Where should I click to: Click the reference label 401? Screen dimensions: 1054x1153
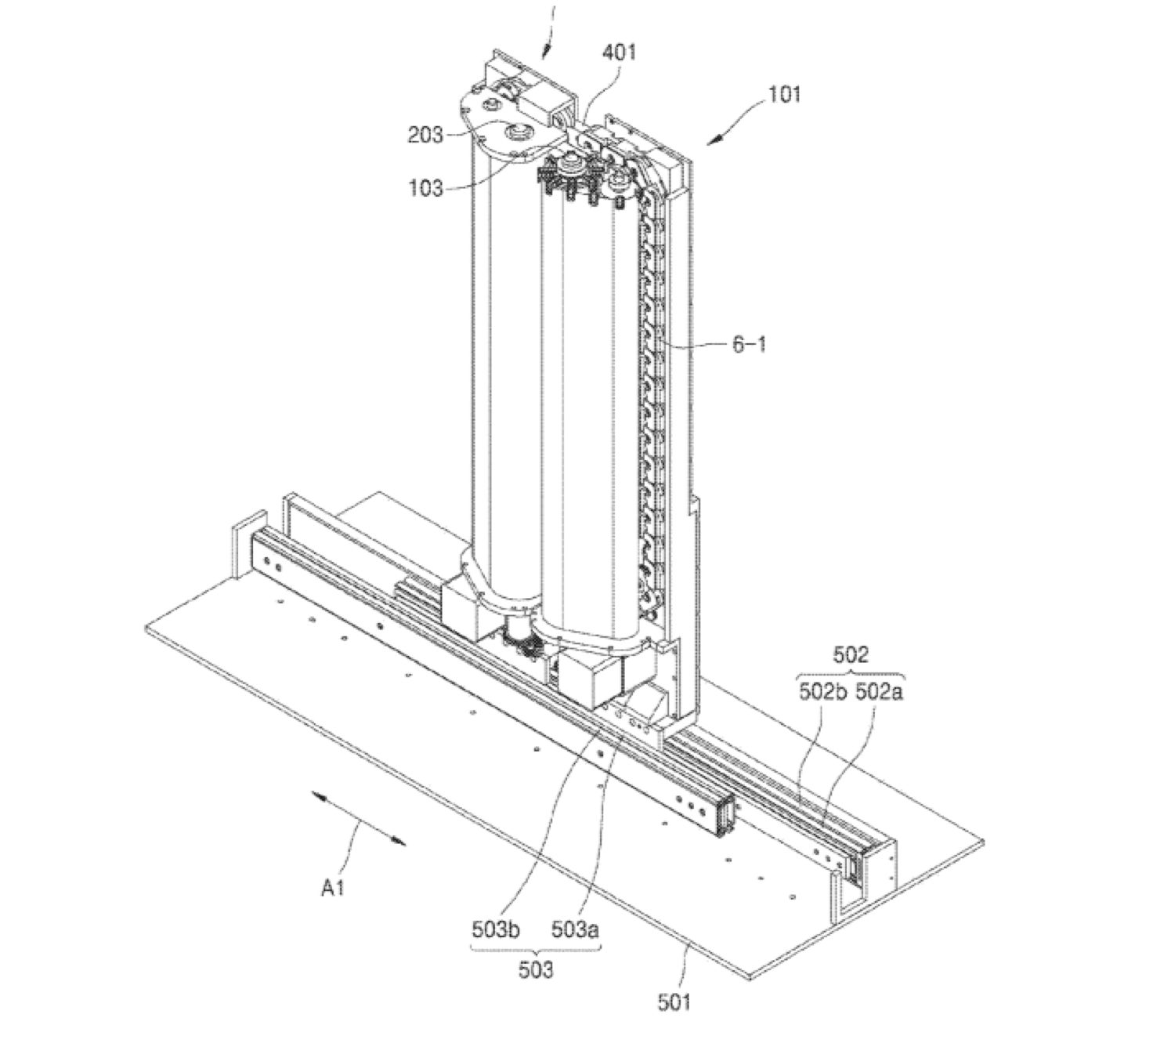(619, 53)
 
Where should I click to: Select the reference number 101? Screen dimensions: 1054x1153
(784, 94)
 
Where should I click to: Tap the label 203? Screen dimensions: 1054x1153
(425, 135)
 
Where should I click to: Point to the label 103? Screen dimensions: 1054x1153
(425, 188)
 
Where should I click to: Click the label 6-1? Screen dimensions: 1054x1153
(749, 343)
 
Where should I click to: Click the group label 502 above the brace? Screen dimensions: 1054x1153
(851, 654)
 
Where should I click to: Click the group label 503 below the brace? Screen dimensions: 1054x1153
(536, 969)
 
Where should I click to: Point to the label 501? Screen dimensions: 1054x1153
(674, 1001)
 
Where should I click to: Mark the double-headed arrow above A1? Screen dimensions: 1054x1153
(359, 819)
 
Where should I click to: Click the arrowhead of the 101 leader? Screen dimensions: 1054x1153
(714, 139)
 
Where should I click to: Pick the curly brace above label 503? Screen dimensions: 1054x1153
(536, 949)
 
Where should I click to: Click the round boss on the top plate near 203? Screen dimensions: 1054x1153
(518, 129)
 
